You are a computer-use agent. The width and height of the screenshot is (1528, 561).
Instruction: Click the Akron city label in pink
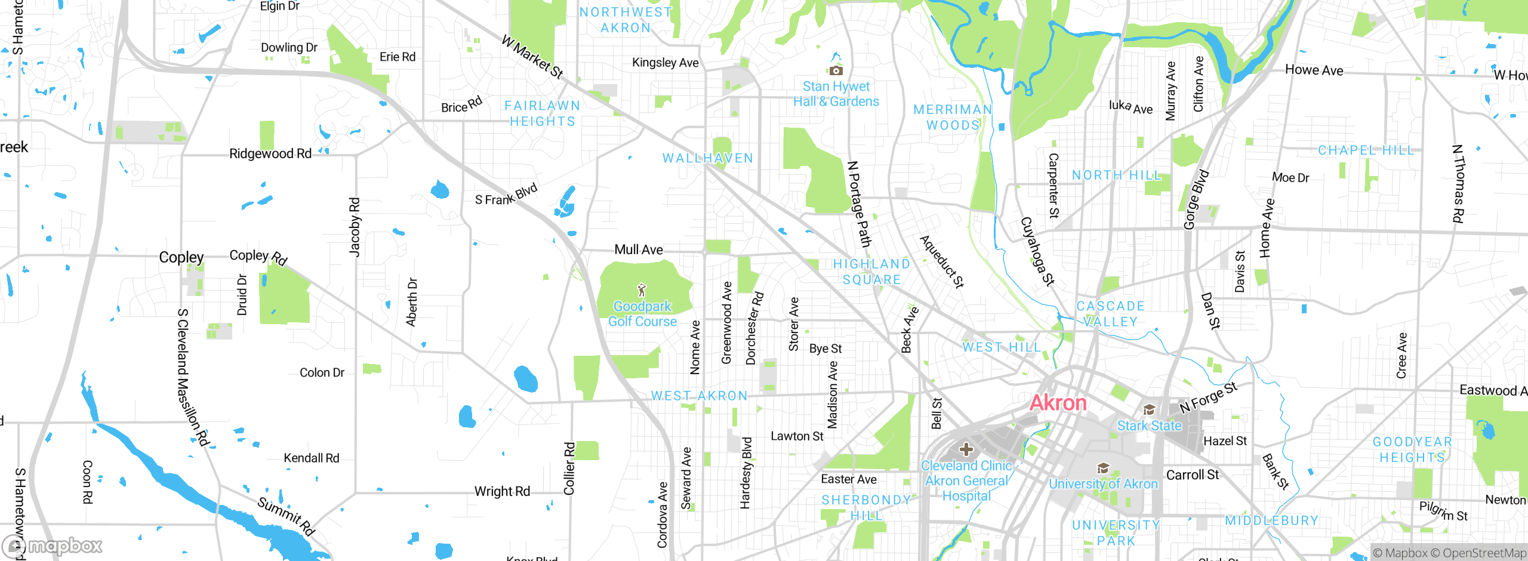tap(1058, 403)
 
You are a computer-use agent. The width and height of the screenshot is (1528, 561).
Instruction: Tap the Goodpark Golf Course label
tap(642, 314)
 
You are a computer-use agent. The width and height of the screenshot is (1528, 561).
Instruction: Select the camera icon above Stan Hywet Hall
tap(836, 70)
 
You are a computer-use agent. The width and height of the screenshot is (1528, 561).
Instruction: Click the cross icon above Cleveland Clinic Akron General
tap(966, 449)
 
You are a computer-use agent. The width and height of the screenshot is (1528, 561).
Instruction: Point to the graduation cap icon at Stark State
tap(1149, 409)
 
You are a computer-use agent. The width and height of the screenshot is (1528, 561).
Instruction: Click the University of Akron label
tap(1103, 484)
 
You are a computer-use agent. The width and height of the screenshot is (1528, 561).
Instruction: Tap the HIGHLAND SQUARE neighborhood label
tap(871, 272)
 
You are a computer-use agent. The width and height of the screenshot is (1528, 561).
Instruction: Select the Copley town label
tap(181, 257)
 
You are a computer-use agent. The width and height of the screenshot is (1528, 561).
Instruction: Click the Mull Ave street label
tap(639, 249)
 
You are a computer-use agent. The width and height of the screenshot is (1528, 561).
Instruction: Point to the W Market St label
tap(532, 57)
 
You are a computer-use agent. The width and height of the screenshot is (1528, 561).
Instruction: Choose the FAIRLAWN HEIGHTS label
tap(542, 113)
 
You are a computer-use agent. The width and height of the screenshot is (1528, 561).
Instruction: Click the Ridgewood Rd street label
tap(270, 153)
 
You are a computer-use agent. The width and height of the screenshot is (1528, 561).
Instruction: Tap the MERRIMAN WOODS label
tap(953, 117)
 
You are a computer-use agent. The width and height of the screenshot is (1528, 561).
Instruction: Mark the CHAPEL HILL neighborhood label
tap(1366, 150)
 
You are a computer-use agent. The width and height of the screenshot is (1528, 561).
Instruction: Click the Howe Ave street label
tap(1314, 70)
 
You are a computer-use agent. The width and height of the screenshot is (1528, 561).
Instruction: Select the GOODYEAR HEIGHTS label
tap(1412, 449)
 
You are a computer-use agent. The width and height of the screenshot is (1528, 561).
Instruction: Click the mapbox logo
tap(53, 545)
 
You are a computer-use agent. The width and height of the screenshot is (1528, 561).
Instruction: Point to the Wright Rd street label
tap(502, 491)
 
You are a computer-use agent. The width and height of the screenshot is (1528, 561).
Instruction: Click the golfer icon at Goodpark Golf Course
tap(642, 291)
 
